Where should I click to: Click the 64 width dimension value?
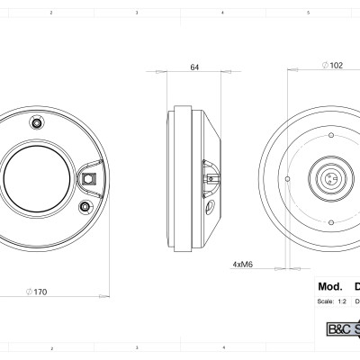(x=194, y=67)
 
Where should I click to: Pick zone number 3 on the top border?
(x=136, y=13)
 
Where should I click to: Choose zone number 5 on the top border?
(x=308, y=13)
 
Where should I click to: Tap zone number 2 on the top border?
(x=50, y=13)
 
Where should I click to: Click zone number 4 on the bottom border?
(x=222, y=346)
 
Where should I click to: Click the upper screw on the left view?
(x=37, y=121)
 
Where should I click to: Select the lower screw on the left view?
(x=85, y=208)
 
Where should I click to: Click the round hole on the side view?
(x=211, y=207)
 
